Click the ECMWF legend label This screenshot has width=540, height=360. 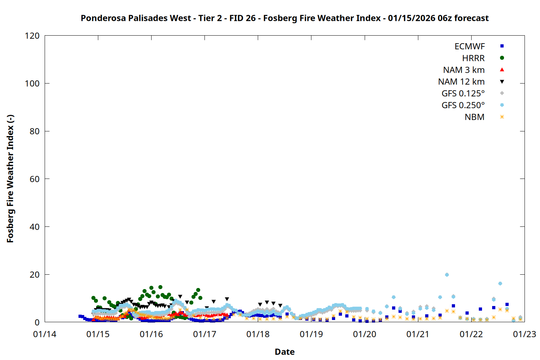469,46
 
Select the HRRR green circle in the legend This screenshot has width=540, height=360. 502,58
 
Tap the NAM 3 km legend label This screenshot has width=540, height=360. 464,70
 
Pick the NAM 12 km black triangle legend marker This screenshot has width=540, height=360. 502,82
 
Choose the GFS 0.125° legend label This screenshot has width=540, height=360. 463,94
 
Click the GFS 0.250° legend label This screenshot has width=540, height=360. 463,105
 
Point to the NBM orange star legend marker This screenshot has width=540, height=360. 502,117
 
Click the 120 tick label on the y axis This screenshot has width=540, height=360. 32,36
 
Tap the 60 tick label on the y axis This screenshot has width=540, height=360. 35,179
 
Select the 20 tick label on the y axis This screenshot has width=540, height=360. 35,275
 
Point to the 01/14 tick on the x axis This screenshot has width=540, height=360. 45,334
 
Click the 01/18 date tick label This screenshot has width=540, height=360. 258,334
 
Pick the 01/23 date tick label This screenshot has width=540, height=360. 524,334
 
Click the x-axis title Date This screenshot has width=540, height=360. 284,352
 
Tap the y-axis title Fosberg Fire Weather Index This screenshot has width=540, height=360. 10,179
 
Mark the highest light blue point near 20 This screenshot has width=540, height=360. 447,275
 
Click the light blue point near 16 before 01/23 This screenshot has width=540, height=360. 500,284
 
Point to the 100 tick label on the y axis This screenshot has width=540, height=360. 32,84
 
